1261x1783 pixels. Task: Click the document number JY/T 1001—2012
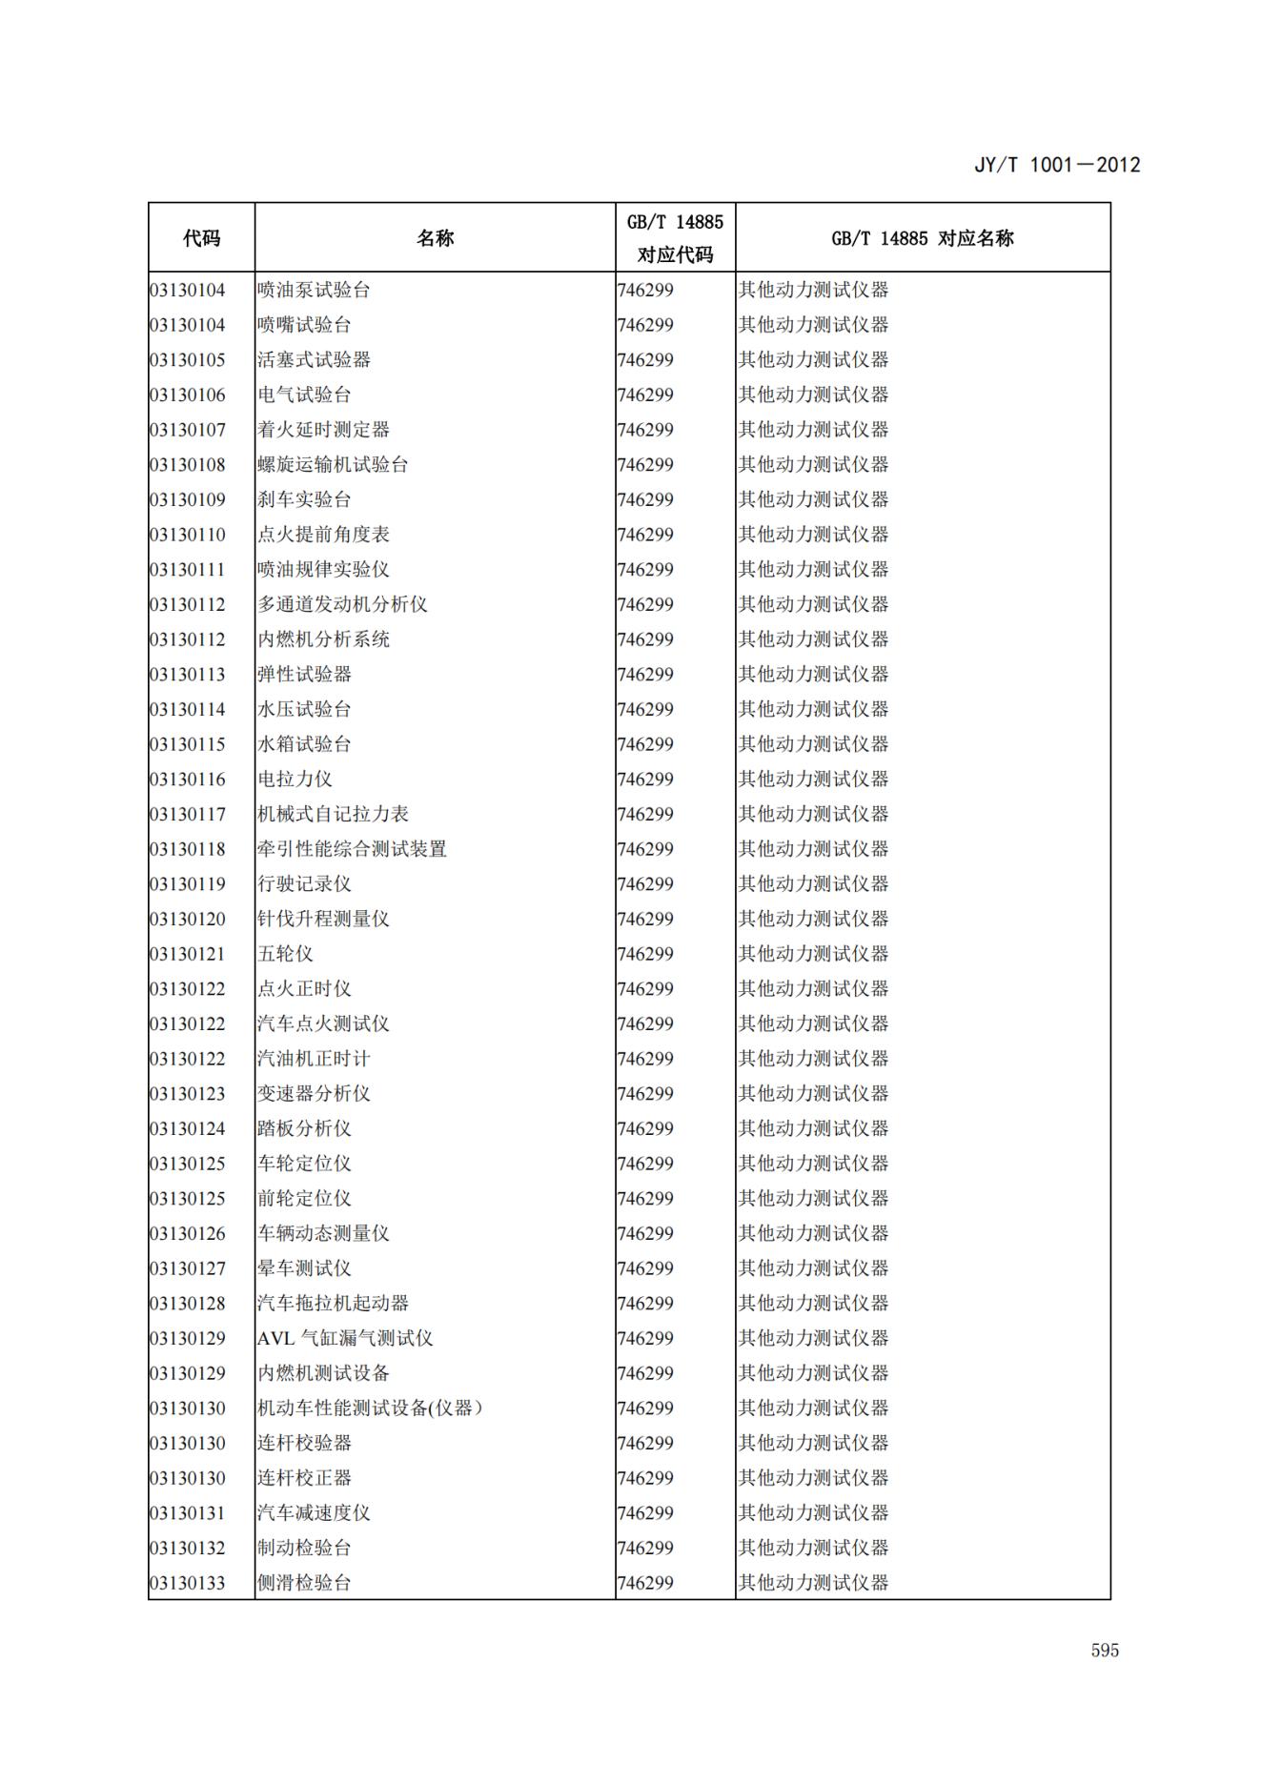tap(1056, 165)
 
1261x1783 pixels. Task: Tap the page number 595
tap(1105, 1650)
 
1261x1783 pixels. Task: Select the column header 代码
tap(201, 238)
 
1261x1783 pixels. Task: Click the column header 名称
tap(435, 238)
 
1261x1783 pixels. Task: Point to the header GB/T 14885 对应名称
tap(922, 238)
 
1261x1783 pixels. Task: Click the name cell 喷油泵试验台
tap(314, 290)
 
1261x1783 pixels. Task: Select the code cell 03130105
tap(188, 360)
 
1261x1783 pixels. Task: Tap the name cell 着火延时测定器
tap(323, 430)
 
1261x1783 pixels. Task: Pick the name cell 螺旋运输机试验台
tap(333, 465)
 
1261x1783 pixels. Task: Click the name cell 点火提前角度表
tap(323, 535)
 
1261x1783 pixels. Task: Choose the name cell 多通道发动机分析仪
tap(342, 604)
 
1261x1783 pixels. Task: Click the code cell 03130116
tap(188, 780)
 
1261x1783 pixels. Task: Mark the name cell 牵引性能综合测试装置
tap(352, 849)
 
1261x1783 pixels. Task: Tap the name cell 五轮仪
tap(285, 954)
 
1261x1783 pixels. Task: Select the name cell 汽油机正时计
tap(314, 1059)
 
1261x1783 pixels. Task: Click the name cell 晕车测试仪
tap(304, 1268)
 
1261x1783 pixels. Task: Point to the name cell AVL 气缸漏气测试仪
tap(345, 1338)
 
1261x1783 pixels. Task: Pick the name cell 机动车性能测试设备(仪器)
tap(370, 1408)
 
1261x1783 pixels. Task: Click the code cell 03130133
tap(188, 1583)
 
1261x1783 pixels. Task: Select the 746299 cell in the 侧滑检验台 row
tap(645, 1583)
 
